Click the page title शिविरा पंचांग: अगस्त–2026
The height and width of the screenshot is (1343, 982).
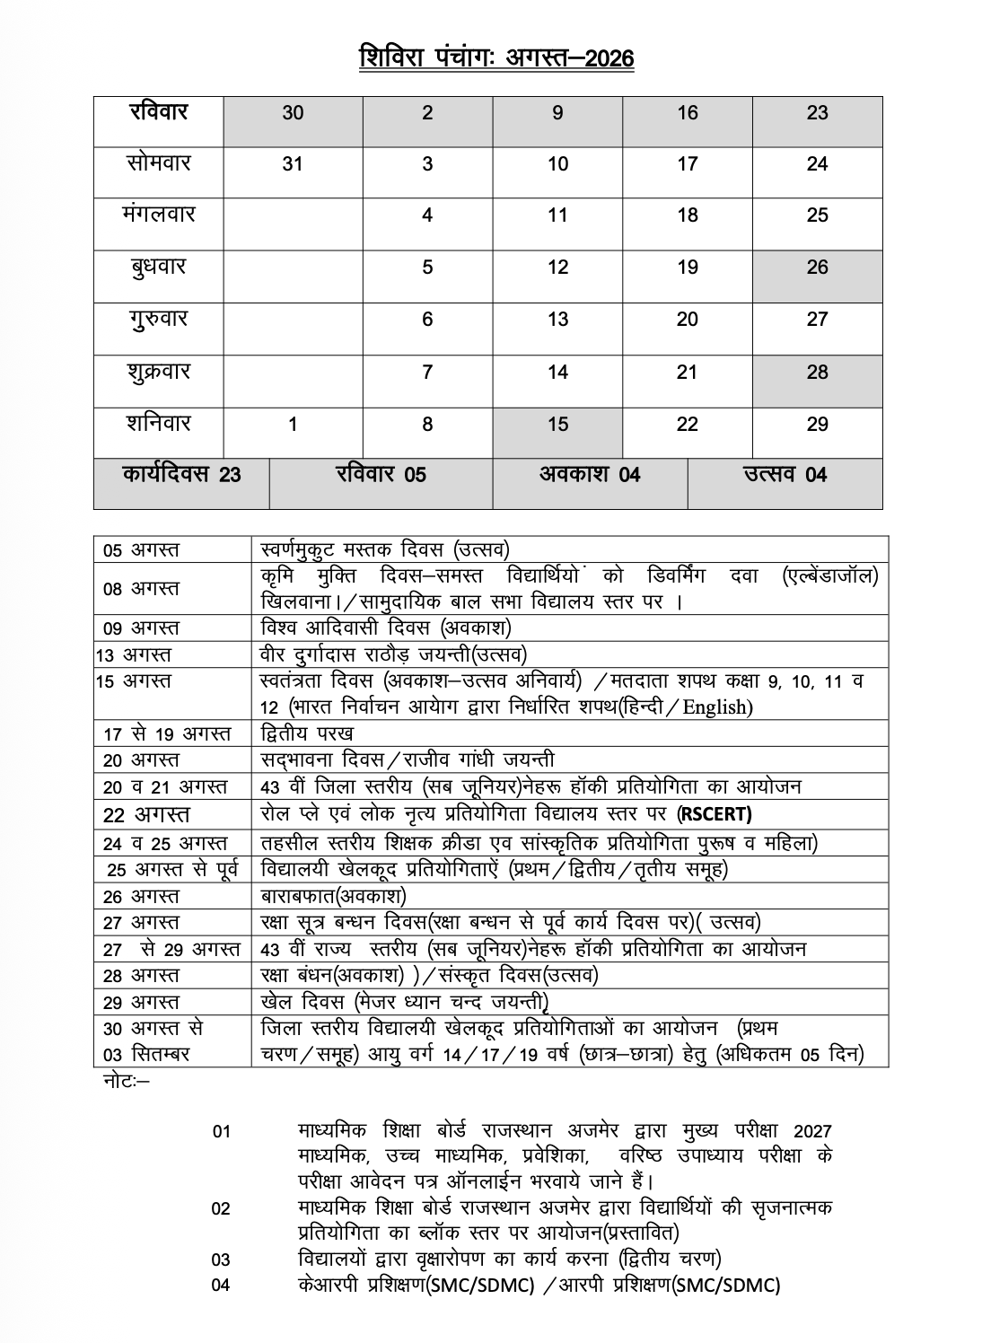tap(496, 58)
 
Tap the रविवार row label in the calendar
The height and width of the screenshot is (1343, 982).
tap(159, 112)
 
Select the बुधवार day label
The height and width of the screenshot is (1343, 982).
tap(159, 268)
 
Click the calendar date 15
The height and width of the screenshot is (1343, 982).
tap(557, 425)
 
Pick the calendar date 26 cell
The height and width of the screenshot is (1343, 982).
tap(817, 268)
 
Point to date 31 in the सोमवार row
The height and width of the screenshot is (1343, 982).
tap(293, 164)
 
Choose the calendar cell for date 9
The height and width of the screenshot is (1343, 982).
tap(557, 113)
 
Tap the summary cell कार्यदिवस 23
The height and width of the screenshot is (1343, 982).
tap(181, 475)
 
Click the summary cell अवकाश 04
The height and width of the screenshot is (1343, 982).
tap(590, 475)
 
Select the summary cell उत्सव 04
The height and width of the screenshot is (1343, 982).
tap(785, 475)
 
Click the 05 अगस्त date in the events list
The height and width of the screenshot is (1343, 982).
tap(141, 549)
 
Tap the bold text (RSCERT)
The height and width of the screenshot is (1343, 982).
tap(715, 814)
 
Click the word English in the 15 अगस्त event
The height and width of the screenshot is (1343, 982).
tap(715, 707)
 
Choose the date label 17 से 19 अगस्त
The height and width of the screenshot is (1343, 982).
tap(167, 733)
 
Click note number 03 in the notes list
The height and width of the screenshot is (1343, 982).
tap(221, 1260)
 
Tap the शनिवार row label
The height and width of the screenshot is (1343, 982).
tap(159, 424)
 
